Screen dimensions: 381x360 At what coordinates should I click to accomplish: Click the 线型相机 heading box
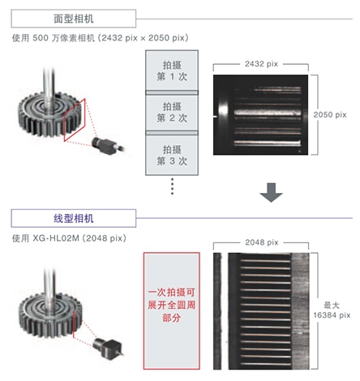pyautogui.click(x=59, y=217)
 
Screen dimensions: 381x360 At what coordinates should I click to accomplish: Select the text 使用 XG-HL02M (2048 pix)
pyautogui.click(x=70, y=237)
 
